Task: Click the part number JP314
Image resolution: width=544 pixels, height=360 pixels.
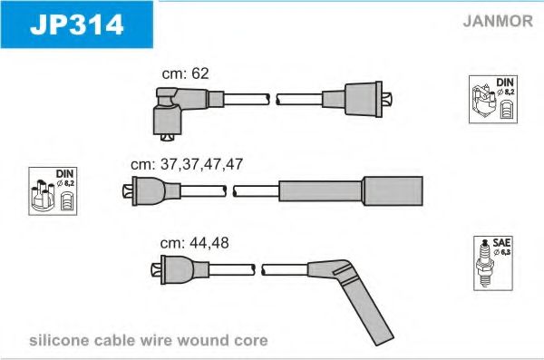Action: pyautogui.click(x=77, y=24)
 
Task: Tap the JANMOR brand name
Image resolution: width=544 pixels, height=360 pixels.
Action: pyautogui.click(x=498, y=21)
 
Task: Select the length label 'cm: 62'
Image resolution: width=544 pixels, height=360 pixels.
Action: pyautogui.click(x=186, y=73)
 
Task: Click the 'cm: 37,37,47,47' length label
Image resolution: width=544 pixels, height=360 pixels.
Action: pyautogui.click(x=187, y=164)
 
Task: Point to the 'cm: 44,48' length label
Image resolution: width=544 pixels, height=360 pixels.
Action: pyautogui.click(x=194, y=243)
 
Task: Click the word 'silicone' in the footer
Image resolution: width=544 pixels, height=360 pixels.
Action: pyautogui.click(x=59, y=340)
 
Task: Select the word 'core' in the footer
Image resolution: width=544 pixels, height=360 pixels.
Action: pyautogui.click(x=251, y=341)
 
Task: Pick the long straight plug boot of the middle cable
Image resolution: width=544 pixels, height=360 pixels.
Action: pyautogui.click(x=351, y=191)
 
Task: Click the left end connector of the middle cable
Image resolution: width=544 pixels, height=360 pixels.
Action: pyautogui.click(x=151, y=191)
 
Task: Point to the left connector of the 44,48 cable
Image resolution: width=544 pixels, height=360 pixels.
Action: pyautogui.click(x=180, y=269)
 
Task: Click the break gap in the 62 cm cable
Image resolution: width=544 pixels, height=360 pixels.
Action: pyautogui.click(x=273, y=100)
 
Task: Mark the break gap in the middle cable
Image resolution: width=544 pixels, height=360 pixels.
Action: pyautogui.click(x=229, y=191)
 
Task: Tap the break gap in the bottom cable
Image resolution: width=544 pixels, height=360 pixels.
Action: pyautogui.click(x=258, y=269)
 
